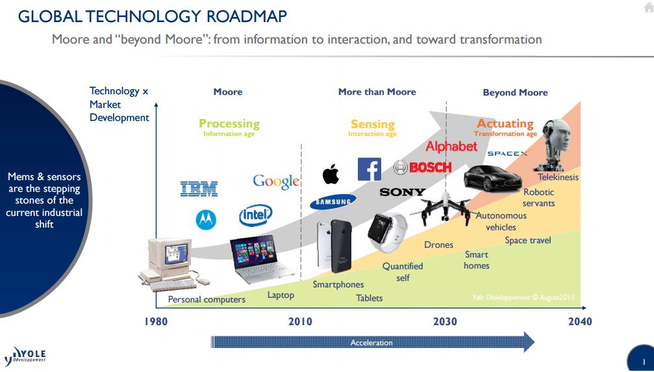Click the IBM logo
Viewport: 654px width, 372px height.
click(x=199, y=189)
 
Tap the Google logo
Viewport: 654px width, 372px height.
click(x=276, y=181)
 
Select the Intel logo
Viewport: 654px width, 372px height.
click(x=255, y=214)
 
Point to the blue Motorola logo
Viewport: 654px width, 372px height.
click(x=206, y=220)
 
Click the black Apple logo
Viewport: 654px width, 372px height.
click(x=331, y=174)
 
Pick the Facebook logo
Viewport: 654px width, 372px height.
click(x=369, y=169)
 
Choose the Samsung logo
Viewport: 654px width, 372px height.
click(x=333, y=202)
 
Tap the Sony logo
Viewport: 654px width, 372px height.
click(x=402, y=192)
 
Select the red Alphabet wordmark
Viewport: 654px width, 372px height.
click(x=451, y=146)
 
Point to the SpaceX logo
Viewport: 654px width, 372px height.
click(x=507, y=153)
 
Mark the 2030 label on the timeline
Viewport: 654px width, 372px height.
click(x=445, y=321)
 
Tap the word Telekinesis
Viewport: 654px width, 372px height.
click(x=558, y=177)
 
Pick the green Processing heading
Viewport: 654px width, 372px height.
click(x=229, y=124)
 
